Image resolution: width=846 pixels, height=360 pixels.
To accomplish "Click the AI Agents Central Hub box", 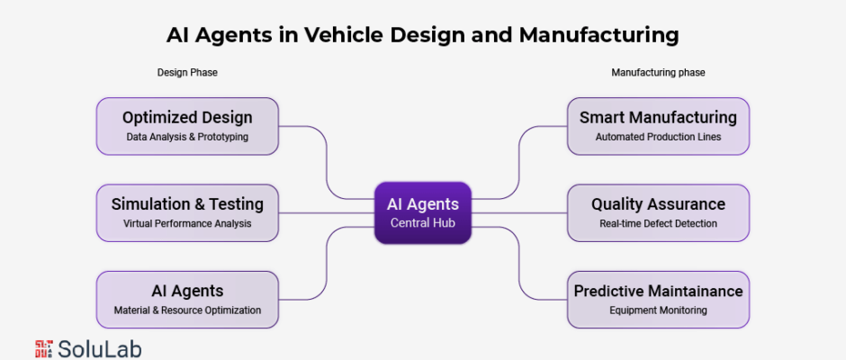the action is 422,212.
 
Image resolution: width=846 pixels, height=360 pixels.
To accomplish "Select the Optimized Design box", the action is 187,126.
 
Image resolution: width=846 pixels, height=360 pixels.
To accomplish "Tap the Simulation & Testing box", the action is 187,212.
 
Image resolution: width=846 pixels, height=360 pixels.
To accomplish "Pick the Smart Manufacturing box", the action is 658,126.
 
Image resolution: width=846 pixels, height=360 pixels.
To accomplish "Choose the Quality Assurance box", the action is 658,212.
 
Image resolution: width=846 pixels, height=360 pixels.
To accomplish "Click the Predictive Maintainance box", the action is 658,300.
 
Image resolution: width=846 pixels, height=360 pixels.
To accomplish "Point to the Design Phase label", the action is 187,72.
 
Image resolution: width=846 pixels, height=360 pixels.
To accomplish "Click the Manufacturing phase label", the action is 658,72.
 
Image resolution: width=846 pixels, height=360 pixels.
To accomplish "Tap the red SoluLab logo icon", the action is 44,348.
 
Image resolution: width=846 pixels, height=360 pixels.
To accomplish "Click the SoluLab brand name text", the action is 99,349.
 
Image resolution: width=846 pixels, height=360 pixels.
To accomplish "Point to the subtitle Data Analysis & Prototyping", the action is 187,137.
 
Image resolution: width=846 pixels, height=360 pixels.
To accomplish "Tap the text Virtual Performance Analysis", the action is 187,223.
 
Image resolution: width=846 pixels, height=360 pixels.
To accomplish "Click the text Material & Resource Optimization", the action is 187,310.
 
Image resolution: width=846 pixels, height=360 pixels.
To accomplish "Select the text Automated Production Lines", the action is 658,137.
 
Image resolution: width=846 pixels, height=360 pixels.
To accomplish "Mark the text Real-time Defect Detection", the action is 658,223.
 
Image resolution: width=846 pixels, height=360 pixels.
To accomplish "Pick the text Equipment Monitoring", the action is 658,310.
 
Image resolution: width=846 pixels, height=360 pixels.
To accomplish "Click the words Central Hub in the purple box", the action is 422,222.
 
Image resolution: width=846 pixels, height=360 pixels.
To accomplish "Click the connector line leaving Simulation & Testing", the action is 327,212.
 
